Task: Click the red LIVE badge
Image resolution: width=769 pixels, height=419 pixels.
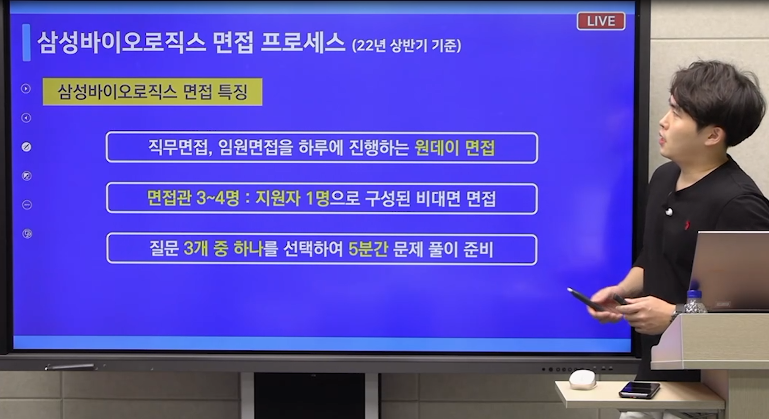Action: [x=601, y=21]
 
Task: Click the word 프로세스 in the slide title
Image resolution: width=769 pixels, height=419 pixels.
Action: [x=303, y=43]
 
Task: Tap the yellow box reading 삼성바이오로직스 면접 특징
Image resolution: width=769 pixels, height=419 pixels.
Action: [x=152, y=92]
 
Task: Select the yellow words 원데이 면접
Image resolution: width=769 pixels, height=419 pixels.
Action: [x=455, y=148]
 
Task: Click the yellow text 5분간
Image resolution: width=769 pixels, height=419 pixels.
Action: [x=368, y=249]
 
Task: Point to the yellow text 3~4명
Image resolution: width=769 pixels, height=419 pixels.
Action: [x=218, y=199]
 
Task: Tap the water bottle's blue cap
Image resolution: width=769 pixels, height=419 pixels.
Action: [x=694, y=295]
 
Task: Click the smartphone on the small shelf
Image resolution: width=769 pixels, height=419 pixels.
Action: [x=639, y=390]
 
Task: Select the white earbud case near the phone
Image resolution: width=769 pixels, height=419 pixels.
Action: [x=582, y=380]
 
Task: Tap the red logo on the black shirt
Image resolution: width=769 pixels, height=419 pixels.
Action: [x=687, y=225]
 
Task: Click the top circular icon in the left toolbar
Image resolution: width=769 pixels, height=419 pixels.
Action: [x=26, y=89]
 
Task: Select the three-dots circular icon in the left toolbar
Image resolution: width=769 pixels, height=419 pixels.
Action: [x=27, y=205]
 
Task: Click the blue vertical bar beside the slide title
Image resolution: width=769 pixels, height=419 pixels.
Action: [x=26, y=42]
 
